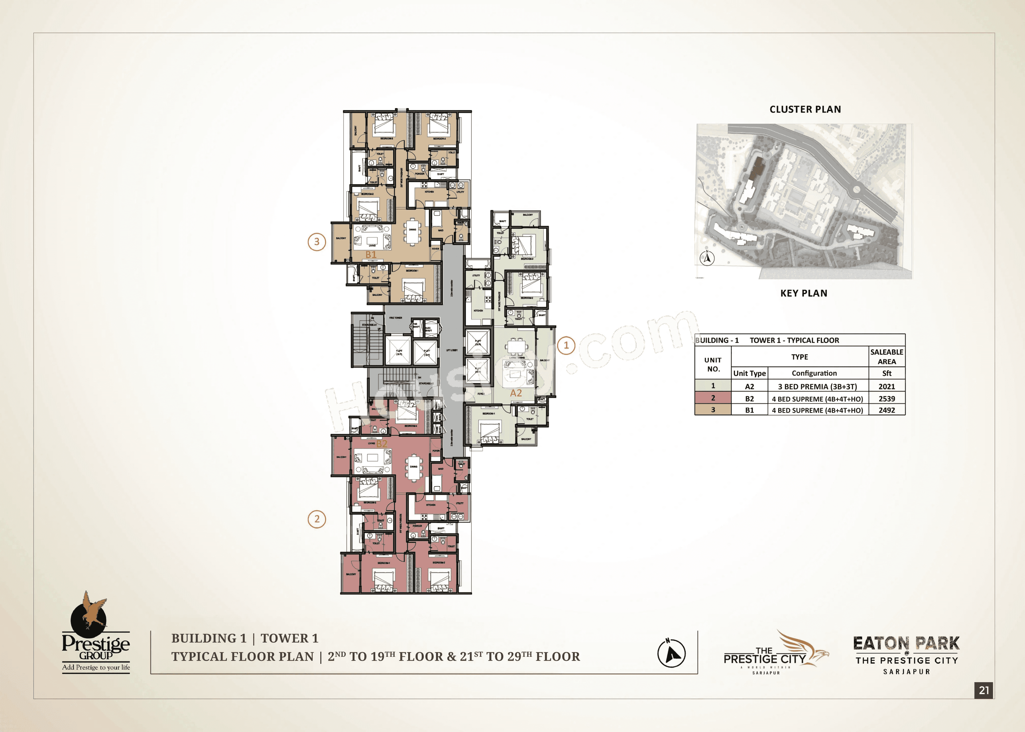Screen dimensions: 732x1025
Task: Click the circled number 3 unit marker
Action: click(x=316, y=242)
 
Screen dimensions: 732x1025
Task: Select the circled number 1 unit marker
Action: click(x=566, y=346)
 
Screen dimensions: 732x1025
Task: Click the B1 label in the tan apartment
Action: click(x=370, y=255)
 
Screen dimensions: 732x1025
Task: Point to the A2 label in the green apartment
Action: click(x=516, y=393)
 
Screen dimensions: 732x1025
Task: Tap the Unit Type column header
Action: click(x=749, y=373)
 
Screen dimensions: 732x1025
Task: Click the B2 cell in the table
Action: click(x=749, y=398)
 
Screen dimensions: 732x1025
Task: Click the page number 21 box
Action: click(x=984, y=690)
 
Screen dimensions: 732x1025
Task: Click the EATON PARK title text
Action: click(x=906, y=643)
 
